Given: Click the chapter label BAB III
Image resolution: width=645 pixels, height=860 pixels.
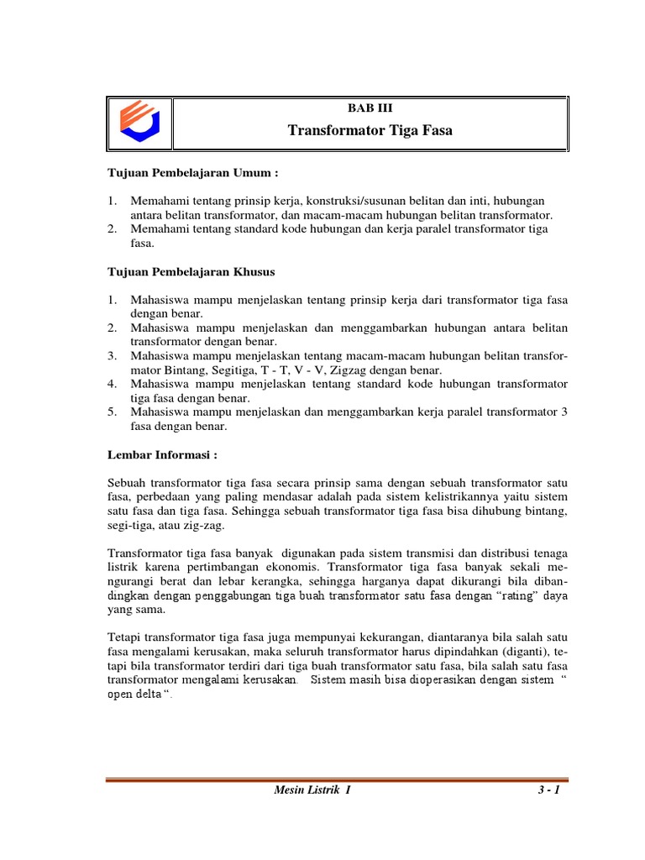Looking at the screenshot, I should pyautogui.click(x=370, y=107).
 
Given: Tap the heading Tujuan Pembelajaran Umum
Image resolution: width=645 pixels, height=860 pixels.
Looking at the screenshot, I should pyautogui.click(x=191, y=173).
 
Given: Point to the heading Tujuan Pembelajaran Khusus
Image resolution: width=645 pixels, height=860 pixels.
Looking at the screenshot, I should pyautogui.click(x=191, y=272).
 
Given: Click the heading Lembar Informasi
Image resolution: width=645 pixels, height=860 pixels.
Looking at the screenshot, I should pyautogui.click(x=163, y=454).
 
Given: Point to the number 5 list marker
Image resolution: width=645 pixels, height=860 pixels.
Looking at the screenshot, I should pyautogui.click(x=111, y=412).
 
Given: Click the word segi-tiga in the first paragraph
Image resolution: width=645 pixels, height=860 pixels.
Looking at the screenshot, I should pyautogui.click(x=130, y=525).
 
